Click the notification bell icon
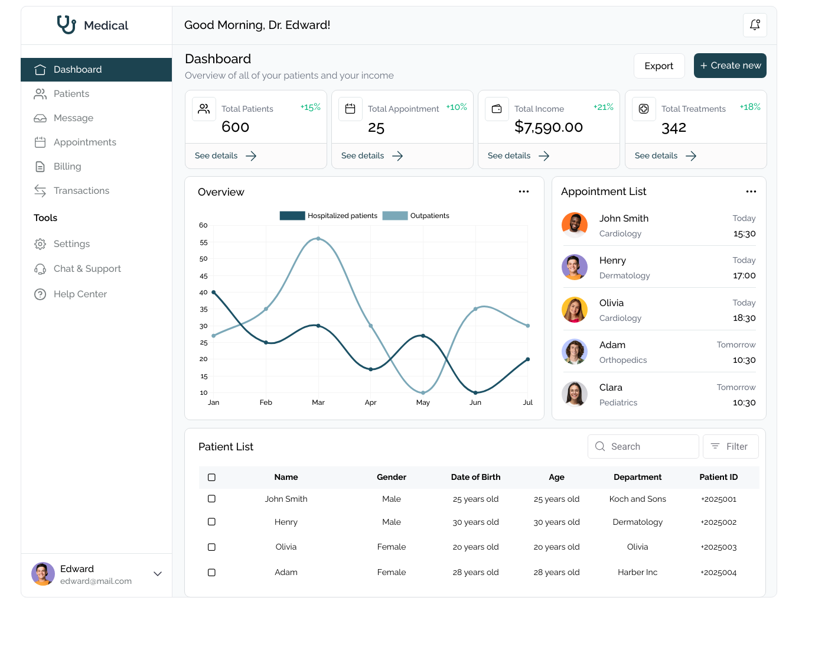pyautogui.click(x=755, y=25)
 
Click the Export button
pyautogui.click(x=658, y=66)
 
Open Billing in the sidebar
pyautogui.click(x=67, y=167)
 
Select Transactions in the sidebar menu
pyautogui.click(x=81, y=191)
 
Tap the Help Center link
pyautogui.click(x=80, y=294)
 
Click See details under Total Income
pyautogui.click(x=518, y=156)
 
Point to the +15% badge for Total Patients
pyautogui.click(x=311, y=107)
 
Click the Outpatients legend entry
pyautogui.click(x=416, y=216)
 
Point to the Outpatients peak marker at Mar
pyautogui.click(x=318, y=239)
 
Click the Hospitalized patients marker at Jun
pyautogui.click(x=475, y=392)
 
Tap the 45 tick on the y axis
pyautogui.click(x=204, y=276)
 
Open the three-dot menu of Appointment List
pyautogui.click(x=751, y=191)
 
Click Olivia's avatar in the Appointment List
pyautogui.click(x=574, y=310)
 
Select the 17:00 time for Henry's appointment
pyautogui.click(x=744, y=275)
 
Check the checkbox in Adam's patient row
pyautogui.click(x=211, y=573)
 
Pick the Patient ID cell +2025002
pyautogui.click(x=718, y=522)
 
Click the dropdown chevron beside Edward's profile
pyautogui.click(x=158, y=574)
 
